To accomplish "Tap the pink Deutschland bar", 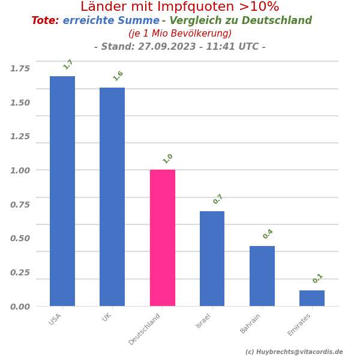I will [x=162, y=238].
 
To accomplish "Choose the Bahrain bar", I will [x=262, y=276].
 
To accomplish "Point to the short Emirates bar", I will [x=312, y=298].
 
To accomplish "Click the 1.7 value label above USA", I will [x=68, y=64].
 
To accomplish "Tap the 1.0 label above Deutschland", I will [x=168, y=158].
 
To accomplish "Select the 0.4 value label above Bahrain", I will [x=268, y=234].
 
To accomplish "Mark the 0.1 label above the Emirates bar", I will [x=318, y=278].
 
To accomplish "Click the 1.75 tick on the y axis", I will [x=20, y=68].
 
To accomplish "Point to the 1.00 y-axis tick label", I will [x=20, y=170].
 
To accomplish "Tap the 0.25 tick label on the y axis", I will [x=20, y=272].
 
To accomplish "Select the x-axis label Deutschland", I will [x=145, y=328].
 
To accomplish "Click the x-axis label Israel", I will [x=204, y=320].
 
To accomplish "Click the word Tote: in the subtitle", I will [x=45, y=21].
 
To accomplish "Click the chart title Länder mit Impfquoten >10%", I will [x=180, y=7].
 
